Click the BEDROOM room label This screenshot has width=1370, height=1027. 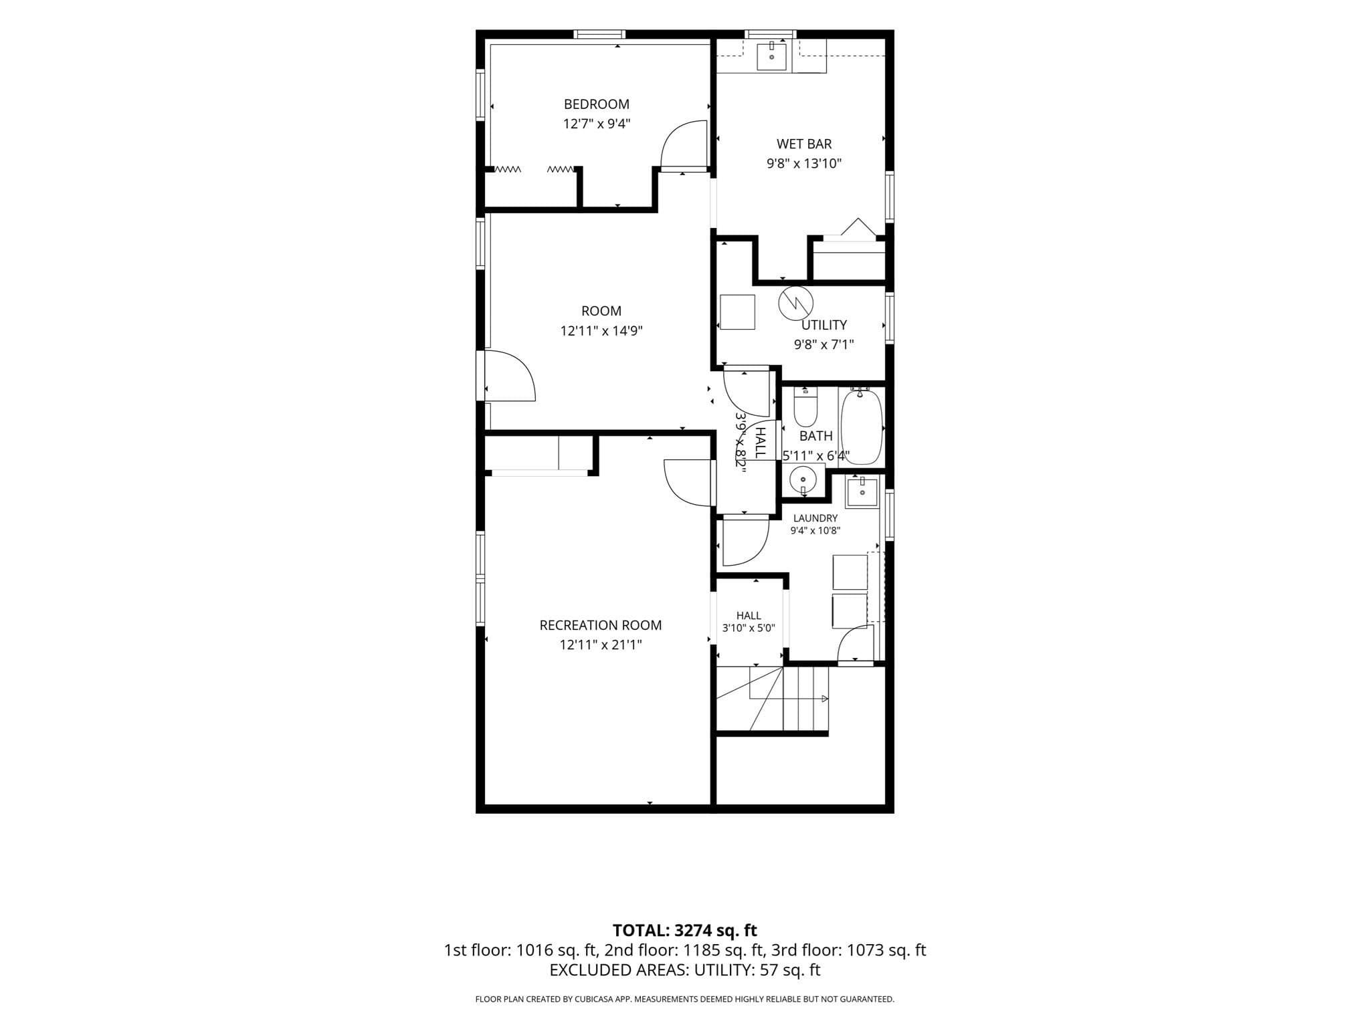596,104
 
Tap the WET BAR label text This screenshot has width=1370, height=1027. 804,144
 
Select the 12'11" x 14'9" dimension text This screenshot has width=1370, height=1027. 601,331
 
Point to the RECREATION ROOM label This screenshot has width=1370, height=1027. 601,625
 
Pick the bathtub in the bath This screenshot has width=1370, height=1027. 862,427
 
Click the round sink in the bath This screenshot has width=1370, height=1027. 803,479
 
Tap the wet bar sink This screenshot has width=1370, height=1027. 772,55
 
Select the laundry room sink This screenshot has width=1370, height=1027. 862,492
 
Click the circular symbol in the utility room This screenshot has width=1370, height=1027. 795,303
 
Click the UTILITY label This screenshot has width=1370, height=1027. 824,325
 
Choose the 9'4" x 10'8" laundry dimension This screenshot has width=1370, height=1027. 815,531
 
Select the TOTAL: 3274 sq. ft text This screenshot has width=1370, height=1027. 685,930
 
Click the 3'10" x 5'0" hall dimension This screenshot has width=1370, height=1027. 749,629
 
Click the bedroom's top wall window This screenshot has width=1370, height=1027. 599,34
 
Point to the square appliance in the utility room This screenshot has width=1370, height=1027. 737,312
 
